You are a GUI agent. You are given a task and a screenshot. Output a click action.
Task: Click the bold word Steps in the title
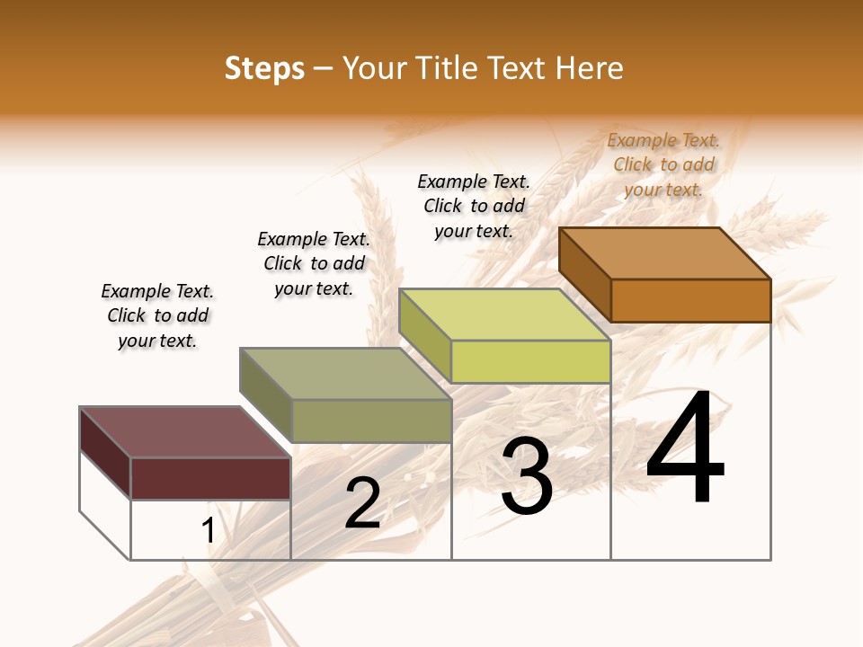(x=264, y=68)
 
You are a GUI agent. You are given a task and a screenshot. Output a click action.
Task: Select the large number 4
(x=686, y=449)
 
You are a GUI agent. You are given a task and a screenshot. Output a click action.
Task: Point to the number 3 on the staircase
(x=527, y=477)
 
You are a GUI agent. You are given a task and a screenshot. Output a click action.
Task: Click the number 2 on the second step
(x=362, y=503)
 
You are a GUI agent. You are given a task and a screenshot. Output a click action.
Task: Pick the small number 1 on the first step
(x=209, y=531)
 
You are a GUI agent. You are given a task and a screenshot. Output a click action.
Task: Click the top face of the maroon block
(x=185, y=432)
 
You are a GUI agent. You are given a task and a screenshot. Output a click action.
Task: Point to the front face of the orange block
(x=690, y=300)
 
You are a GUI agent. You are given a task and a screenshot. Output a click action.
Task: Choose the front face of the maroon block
(x=210, y=478)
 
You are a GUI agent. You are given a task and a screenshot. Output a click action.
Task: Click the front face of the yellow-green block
(x=530, y=361)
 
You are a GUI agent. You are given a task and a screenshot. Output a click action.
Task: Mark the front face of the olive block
(x=370, y=421)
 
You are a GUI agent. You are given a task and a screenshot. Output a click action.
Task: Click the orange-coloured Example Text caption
(x=663, y=164)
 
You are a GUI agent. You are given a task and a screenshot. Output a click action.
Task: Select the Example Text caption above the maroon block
(x=157, y=315)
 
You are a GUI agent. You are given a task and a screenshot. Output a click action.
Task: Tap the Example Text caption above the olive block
(x=314, y=263)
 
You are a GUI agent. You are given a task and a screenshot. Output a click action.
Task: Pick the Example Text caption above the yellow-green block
(x=474, y=206)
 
